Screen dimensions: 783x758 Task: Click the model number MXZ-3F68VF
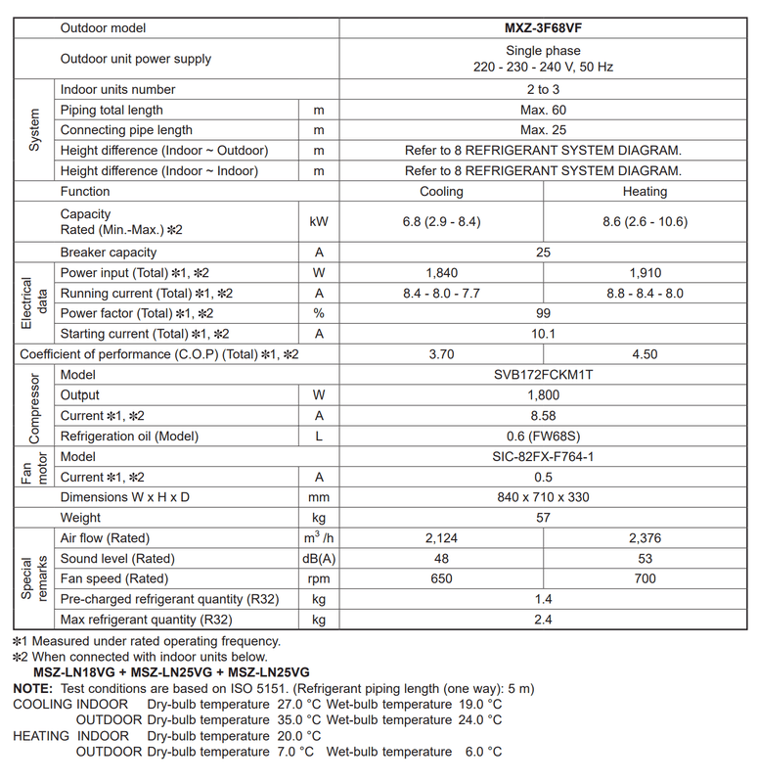tap(543, 28)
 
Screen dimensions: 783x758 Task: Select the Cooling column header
tap(441, 192)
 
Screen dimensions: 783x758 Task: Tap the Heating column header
tap(645, 192)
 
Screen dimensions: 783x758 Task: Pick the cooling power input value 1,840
tap(441, 273)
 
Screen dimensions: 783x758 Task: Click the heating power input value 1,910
tap(645, 273)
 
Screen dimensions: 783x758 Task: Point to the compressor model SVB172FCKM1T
tap(543, 375)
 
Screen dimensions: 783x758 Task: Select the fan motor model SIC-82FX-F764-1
tap(543, 457)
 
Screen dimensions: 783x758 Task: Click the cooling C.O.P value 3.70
tap(441, 354)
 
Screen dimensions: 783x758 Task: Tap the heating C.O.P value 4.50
tap(645, 354)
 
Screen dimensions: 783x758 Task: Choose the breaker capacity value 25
tap(543, 253)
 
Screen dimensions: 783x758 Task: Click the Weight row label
tap(80, 518)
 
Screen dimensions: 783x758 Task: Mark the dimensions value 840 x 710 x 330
tap(543, 497)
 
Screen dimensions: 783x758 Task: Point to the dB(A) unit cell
tap(318, 559)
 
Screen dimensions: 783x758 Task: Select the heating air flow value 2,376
tap(645, 538)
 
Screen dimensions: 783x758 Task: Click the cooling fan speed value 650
tap(441, 578)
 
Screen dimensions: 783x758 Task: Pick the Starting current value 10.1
tap(543, 334)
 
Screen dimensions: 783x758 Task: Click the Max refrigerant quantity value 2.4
tap(543, 620)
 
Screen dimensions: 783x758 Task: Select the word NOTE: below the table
tap(32, 689)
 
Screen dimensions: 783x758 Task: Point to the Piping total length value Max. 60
tap(543, 111)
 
